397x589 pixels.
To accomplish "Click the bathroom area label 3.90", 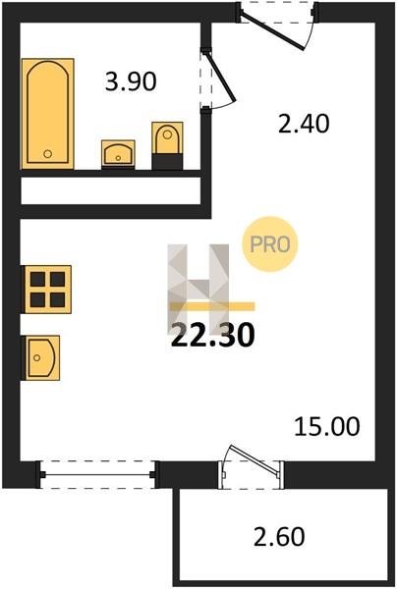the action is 131,81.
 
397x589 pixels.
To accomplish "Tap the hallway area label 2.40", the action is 304,124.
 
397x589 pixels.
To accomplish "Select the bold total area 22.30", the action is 213,335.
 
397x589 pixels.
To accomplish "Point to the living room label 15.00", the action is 326,427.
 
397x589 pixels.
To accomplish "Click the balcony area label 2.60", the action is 279,537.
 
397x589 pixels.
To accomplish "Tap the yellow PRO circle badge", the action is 270,244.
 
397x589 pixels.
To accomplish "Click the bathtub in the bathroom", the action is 48,114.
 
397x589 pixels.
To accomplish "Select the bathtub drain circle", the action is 47,153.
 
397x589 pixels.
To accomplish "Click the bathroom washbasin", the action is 118,154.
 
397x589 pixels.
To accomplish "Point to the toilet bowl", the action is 167,137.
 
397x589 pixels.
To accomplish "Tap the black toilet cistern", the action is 167,162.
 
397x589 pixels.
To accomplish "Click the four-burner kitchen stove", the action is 48,290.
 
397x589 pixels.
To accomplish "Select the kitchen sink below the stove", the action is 42,357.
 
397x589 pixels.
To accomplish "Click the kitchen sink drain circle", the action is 36,357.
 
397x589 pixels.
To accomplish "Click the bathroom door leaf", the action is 221,76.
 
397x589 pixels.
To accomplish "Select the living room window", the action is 97,475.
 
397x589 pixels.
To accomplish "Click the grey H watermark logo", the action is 198,290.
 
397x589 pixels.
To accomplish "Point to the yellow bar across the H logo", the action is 212,306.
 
